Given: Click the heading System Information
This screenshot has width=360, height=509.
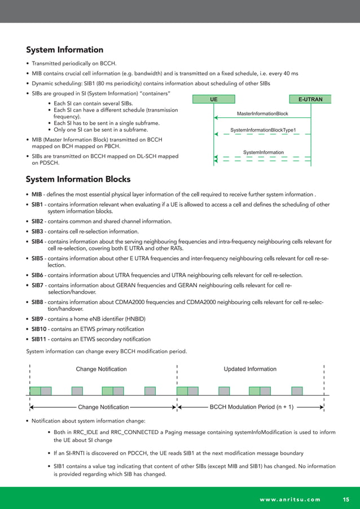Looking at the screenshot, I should [x=64, y=50].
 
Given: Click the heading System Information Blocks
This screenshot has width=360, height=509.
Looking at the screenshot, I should [x=78, y=179].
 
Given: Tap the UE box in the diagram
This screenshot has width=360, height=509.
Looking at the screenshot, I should [x=214, y=99].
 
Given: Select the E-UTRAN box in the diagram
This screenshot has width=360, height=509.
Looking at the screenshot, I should [x=310, y=99].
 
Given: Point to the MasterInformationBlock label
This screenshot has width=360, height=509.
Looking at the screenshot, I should [x=262, y=113].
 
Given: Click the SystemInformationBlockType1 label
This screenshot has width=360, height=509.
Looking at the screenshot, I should [x=263, y=131].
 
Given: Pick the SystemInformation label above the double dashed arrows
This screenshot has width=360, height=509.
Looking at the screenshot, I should [x=263, y=152].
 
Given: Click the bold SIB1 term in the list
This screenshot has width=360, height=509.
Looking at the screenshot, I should [x=37, y=205].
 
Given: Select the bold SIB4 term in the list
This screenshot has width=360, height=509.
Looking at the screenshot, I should [x=37, y=242].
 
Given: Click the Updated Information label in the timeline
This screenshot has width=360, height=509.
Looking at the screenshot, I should [x=250, y=369].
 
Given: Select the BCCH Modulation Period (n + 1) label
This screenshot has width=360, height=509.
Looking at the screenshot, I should [x=251, y=406].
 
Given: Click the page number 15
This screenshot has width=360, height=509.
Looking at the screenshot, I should [x=346, y=499].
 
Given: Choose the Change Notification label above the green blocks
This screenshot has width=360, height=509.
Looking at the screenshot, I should [x=101, y=369].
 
